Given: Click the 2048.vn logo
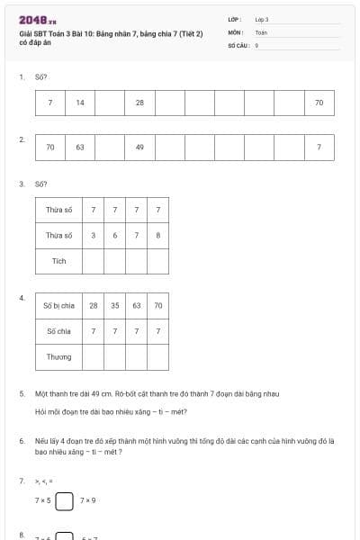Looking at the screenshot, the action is point(37,20).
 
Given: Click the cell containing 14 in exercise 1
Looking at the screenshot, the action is point(80,103).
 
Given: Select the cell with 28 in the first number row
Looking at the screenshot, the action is point(139,103).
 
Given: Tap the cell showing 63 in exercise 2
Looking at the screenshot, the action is point(80,147).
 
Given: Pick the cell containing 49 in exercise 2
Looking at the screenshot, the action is point(139,147).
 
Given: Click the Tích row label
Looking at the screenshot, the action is point(58,261).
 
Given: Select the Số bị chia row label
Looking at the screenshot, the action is point(58,306).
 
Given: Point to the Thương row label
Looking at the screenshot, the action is point(58,357).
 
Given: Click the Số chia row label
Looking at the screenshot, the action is point(58,331).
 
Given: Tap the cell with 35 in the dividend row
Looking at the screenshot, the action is point(114,306).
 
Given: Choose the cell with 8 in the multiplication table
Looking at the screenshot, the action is point(157,236).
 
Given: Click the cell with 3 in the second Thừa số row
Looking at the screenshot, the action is point(93,236).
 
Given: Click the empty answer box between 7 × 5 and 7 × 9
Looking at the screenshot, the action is point(64,499).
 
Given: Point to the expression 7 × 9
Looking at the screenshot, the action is point(87,499).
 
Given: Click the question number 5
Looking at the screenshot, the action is point(22,394).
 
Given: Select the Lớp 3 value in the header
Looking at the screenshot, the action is point(262,19).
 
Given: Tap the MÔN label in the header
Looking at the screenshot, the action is point(235,31).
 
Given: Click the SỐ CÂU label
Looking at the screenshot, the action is point(238,44).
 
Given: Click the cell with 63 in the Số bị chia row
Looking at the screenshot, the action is point(136,306).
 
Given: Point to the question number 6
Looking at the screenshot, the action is point(22,441).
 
